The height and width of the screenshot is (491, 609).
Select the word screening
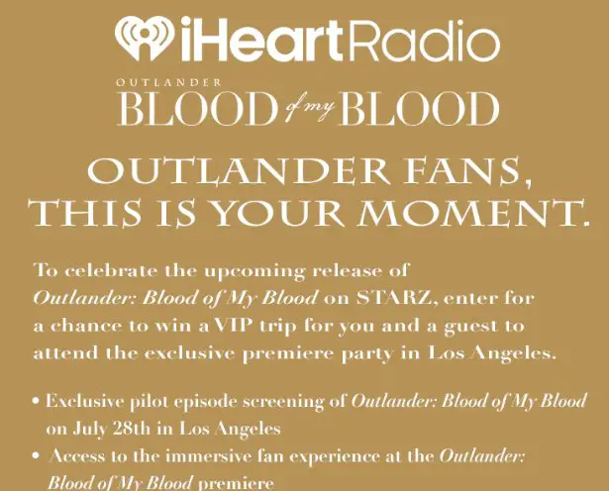pos(273,403)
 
